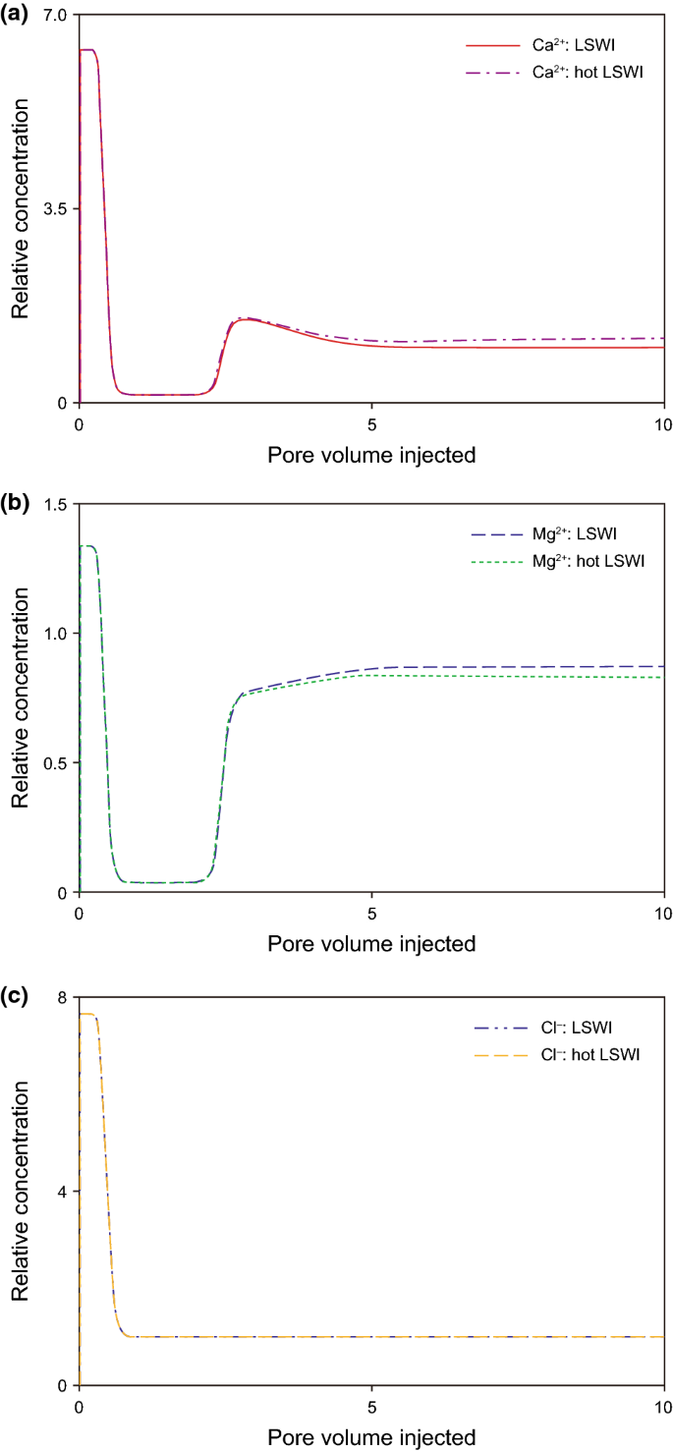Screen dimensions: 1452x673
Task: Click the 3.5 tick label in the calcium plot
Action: pyautogui.click(x=54, y=209)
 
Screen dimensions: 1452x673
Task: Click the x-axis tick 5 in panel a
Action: pyautogui.click(x=371, y=422)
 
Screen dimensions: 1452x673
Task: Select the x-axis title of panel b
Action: pyautogui.click(x=371, y=944)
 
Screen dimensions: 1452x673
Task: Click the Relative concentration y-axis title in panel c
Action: pyautogui.click(x=19, y=1191)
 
